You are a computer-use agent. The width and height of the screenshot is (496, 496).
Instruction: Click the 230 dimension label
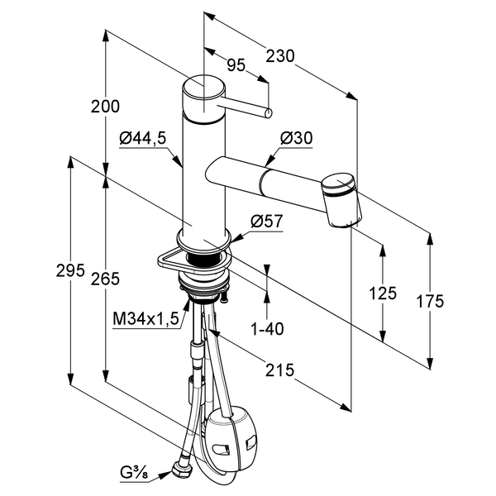point(281,56)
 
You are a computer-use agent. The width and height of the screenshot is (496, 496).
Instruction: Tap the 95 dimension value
point(236,65)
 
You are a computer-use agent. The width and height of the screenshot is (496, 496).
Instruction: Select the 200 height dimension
point(106,107)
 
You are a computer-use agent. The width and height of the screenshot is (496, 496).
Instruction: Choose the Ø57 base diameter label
point(266,222)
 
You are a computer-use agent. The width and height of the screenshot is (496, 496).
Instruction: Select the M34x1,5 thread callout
point(146,319)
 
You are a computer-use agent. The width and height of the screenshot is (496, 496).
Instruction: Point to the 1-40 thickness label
point(266,328)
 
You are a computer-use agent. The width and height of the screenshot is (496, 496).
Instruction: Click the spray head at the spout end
point(341,199)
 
